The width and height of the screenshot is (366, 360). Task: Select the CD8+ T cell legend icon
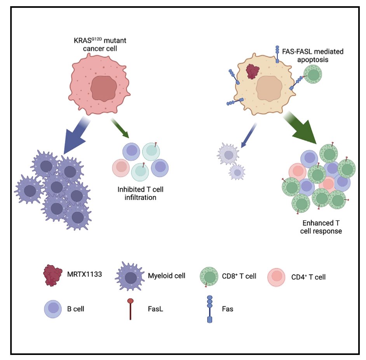point(210,277)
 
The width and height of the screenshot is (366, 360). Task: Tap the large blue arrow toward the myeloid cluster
point(74,136)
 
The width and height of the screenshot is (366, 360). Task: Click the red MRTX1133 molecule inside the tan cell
point(253,72)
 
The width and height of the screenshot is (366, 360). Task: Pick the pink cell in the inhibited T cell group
point(121,168)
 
